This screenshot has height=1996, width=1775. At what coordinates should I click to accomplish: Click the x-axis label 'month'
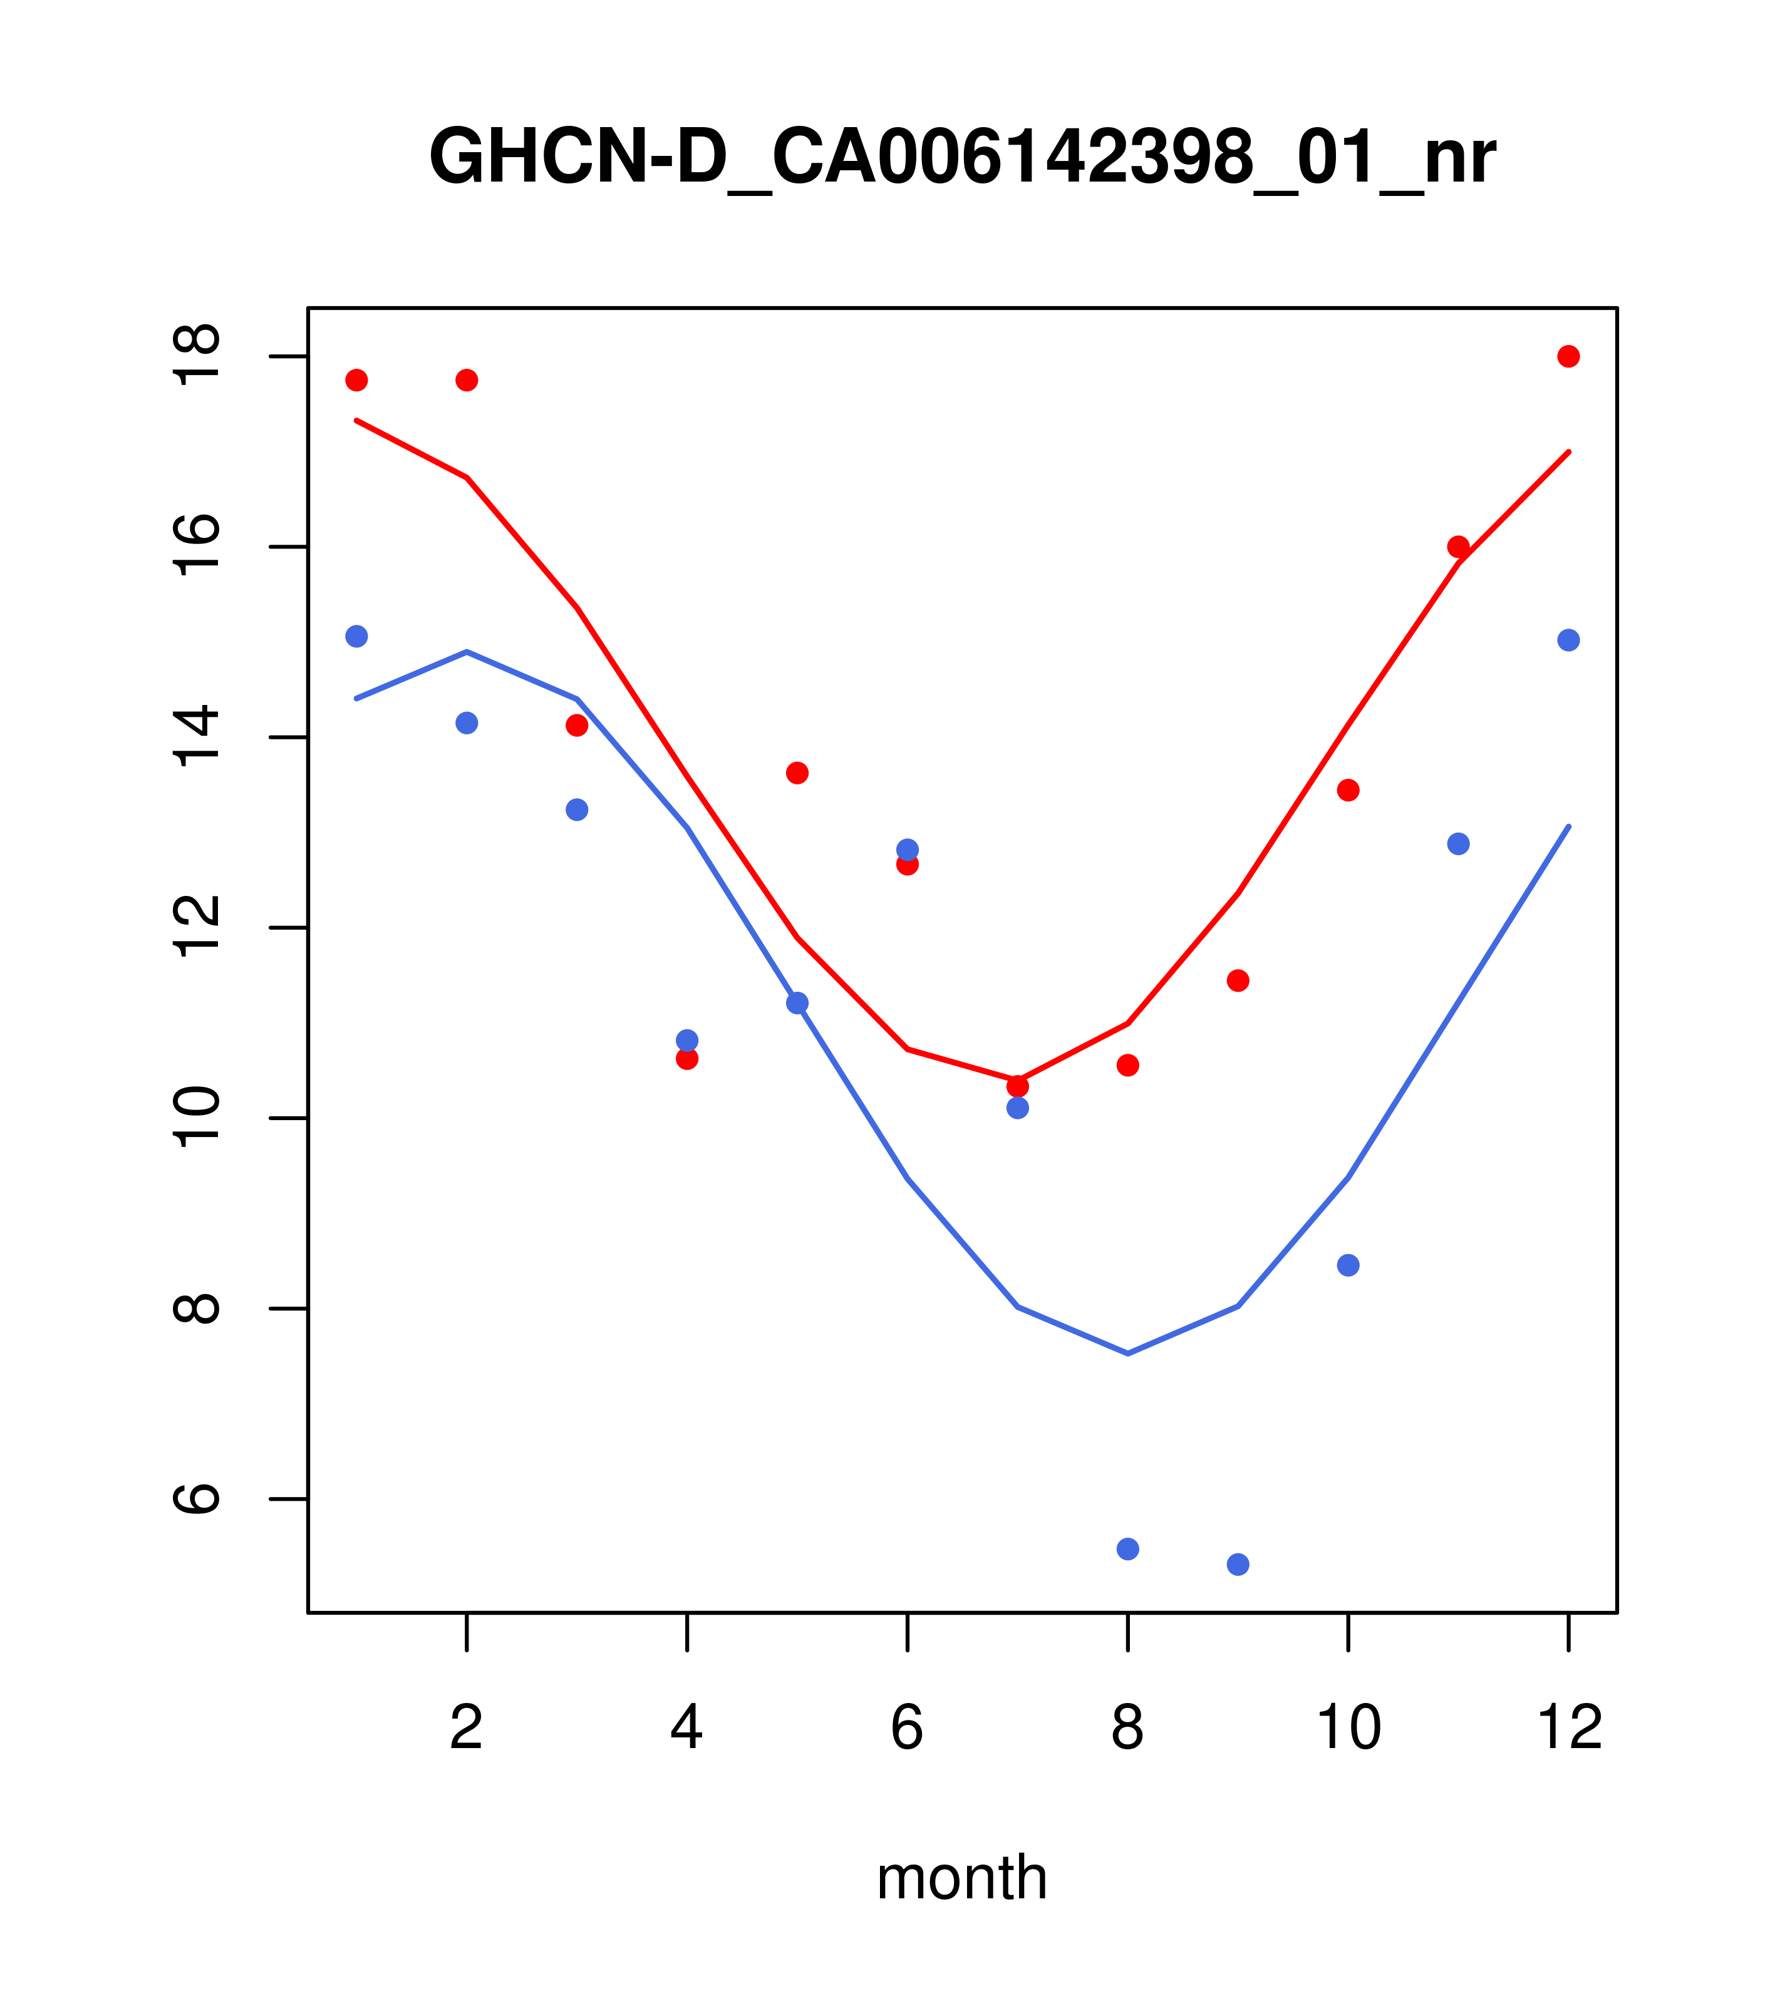click(961, 1877)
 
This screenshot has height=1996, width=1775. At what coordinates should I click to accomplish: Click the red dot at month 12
click(1568, 356)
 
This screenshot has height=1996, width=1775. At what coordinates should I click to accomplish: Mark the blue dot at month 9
click(1238, 1565)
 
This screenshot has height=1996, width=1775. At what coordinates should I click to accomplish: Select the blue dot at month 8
click(1127, 1549)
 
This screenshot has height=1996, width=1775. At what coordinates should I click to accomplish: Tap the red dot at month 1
click(356, 380)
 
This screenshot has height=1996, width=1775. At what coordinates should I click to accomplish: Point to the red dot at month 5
click(797, 773)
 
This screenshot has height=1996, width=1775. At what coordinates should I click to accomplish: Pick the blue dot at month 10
click(1348, 1265)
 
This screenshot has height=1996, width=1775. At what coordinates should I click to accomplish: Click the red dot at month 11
click(1459, 547)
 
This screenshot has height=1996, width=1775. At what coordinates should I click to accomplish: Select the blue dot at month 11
click(1459, 844)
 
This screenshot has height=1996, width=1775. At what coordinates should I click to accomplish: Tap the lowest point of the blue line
click(1127, 1354)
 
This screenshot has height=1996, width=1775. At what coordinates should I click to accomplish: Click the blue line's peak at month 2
click(467, 651)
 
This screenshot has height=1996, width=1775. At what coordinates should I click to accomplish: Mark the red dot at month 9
click(1238, 980)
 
